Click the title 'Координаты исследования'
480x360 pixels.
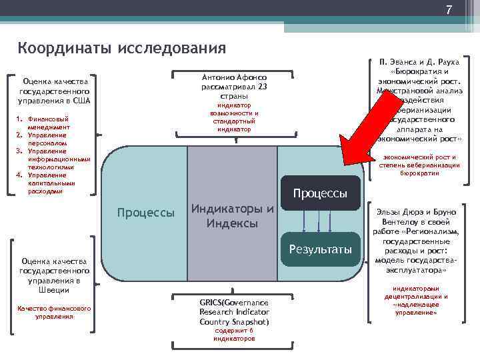point(122,48)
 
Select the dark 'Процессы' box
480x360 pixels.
point(321,193)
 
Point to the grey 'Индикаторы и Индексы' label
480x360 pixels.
point(232,217)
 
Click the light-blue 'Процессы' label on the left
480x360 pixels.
point(145,213)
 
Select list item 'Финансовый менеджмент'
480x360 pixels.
point(49,123)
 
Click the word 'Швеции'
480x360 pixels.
point(55,291)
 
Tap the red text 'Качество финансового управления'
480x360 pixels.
point(55,312)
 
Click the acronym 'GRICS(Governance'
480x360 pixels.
point(233,302)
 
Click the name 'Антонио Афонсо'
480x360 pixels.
point(233,77)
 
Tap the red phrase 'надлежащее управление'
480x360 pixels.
point(416,308)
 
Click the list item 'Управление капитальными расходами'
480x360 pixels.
point(50,183)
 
